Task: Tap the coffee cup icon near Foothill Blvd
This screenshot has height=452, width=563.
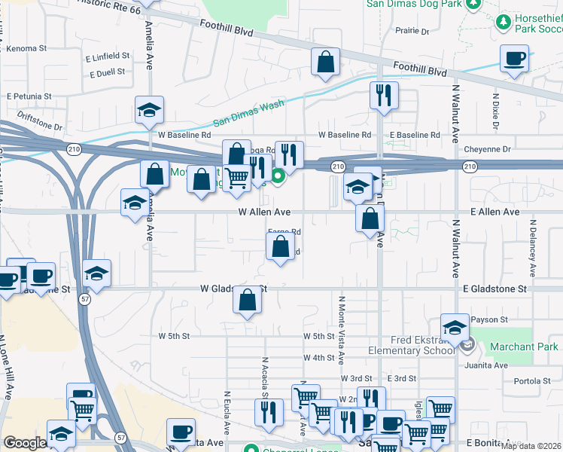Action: [515, 59]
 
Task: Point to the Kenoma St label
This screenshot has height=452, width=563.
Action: [26, 48]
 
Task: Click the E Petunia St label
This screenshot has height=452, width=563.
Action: [29, 96]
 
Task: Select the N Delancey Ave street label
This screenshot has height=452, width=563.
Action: [533, 248]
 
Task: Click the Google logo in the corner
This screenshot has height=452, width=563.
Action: [25, 443]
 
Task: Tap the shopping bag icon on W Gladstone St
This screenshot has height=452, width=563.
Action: [248, 301]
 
